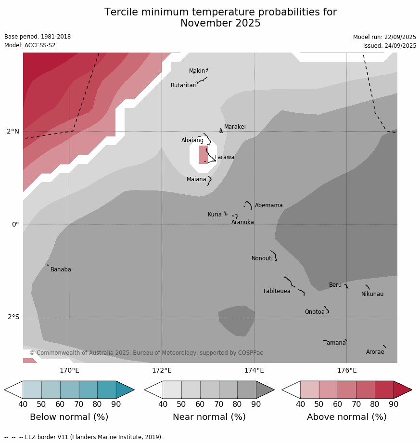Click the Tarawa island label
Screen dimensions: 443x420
[224, 157]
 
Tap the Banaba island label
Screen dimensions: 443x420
[61, 269]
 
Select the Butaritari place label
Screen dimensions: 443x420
[183, 85]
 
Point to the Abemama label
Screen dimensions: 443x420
[268, 205]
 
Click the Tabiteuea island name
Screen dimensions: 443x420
[276, 291]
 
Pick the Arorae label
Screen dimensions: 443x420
[375, 352]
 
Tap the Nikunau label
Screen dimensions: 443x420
[372, 294]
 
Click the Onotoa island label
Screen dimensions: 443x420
[315, 312]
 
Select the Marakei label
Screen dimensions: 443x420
[235, 127]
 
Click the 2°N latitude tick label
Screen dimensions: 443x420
[13, 131]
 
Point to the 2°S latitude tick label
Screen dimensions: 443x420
[13, 317]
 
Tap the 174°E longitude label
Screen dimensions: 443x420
[254, 371]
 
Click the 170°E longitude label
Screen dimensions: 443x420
[69, 371]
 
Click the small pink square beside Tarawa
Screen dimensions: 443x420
[203, 155]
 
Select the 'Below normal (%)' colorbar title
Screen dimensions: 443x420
[69, 417]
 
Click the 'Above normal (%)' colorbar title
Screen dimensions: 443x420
[346, 417]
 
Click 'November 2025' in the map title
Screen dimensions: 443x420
[220, 23]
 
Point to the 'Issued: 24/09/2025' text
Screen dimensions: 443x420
[389, 46]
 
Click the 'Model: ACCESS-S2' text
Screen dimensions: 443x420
[30, 45]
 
